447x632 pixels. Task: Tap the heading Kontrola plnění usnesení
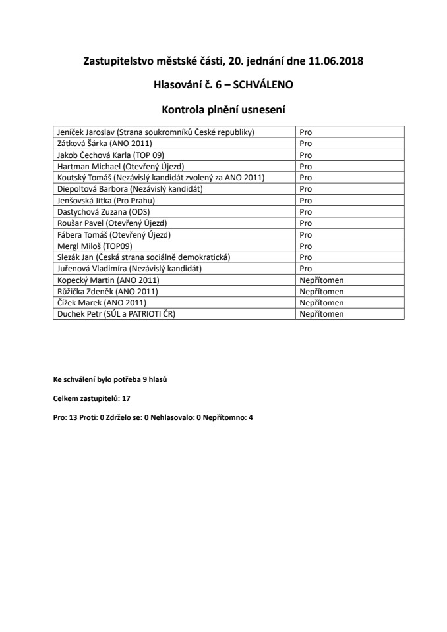pos(223,107)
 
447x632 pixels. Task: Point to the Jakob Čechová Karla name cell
pos(110,155)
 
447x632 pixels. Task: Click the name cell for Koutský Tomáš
pos(162,178)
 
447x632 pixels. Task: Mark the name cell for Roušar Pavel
pos(113,223)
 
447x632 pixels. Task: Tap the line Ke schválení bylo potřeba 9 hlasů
pos(114,380)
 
